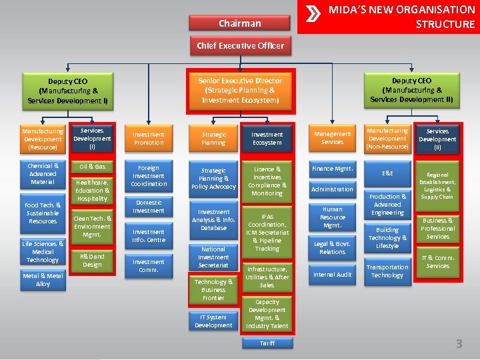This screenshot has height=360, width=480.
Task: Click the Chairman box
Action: click(240, 23)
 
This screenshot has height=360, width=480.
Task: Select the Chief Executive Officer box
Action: click(240, 46)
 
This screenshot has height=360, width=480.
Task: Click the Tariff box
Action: click(267, 343)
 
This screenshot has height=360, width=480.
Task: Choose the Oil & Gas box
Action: click(92, 166)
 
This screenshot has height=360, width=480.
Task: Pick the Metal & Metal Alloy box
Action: click(43, 280)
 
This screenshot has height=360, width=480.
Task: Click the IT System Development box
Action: click(213, 321)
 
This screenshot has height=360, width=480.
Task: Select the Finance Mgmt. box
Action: click(332, 169)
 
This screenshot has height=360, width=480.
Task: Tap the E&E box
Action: click(387, 173)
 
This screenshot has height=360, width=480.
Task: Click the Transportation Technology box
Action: click(387, 271)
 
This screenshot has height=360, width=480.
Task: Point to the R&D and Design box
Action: click(92, 261)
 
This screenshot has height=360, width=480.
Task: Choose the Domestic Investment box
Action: click(149, 207)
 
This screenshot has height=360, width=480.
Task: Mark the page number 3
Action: click(459, 344)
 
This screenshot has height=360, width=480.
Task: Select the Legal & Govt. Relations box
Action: click(332, 248)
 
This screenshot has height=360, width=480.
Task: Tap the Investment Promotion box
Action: click(149, 139)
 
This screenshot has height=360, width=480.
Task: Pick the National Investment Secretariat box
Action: click(213, 257)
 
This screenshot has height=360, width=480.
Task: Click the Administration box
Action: click(332, 189)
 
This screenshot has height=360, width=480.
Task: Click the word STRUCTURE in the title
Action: click(445, 25)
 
